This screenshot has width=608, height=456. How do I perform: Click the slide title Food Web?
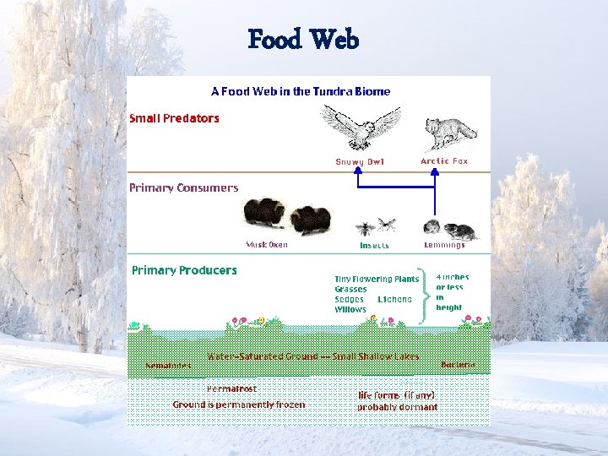tap(304, 40)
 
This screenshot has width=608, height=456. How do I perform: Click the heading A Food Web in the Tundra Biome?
tap(301, 91)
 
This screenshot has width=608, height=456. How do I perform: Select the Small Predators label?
tap(174, 118)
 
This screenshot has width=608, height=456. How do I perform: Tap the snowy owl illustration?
tap(361, 128)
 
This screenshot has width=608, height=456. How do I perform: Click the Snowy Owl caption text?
tap(360, 161)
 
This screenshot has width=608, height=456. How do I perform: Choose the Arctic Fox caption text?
tap(443, 160)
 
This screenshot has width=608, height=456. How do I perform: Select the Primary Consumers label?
tap(183, 187)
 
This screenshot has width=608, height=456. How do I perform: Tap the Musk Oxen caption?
tap(267, 245)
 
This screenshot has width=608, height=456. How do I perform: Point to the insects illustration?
tap(376, 226)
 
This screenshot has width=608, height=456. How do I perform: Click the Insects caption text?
tap(375, 246)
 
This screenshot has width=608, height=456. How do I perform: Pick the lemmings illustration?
tap(449, 229)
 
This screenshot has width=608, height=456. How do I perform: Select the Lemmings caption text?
tap(444, 245)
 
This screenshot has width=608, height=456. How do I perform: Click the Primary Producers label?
tap(184, 270)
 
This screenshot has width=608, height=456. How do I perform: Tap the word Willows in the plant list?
tap(350, 310)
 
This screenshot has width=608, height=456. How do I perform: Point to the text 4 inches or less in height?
tap(453, 292)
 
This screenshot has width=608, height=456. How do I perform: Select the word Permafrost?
tap(231, 388)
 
